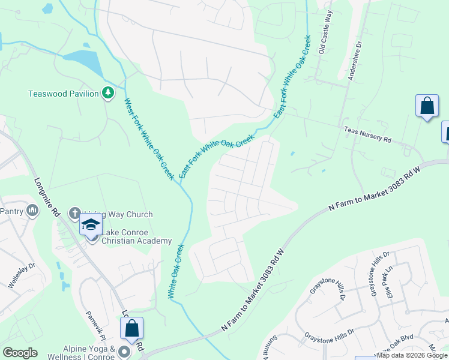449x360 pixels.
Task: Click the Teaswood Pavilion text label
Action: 63,94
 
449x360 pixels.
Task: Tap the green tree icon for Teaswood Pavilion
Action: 108,93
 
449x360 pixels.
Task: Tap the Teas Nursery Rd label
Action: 367,134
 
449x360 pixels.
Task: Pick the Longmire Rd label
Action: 47,196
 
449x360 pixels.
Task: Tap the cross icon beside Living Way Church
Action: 74,212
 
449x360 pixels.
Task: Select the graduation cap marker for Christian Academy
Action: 91,224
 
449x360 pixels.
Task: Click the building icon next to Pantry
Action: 32,210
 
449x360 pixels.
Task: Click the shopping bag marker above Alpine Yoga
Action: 131,328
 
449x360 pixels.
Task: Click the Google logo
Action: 20,353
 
